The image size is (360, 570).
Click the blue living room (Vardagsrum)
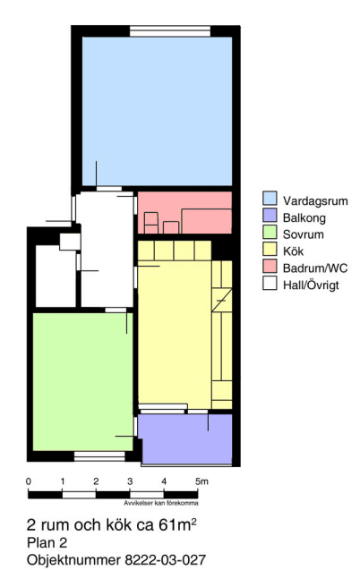(x=157, y=111)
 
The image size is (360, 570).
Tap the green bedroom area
(x=83, y=382)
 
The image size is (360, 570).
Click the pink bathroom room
(x=184, y=212)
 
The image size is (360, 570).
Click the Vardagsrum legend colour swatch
(x=270, y=199)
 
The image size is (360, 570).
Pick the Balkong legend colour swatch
(x=270, y=216)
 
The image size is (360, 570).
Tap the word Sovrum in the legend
(x=304, y=234)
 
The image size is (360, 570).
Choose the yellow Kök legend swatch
(x=270, y=249)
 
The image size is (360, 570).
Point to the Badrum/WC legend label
(x=315, y=268)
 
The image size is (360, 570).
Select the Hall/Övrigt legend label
(x=311, y=285)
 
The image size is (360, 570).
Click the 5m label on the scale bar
(x=201, y=481)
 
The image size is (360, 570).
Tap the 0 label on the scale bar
(x=29, y=481)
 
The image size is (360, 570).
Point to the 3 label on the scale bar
(x=130, y=481)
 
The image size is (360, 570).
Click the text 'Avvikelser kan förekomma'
(x=161, y=504)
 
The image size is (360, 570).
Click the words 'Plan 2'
(x=47, y=543)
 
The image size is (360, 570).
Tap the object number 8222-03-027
(x=166, y=560)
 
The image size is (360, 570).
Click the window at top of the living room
(x=170, y=31)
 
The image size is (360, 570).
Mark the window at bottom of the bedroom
(x=99, y=456)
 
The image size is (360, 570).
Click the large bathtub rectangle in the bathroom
(x=207, y=221)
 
